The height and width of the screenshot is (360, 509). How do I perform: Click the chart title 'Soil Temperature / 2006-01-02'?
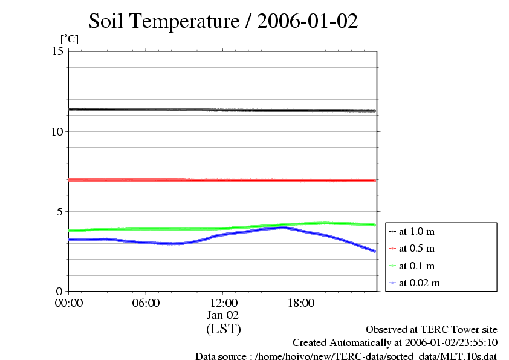tap(223, 22)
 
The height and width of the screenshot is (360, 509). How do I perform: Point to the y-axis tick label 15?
tap(58, 51)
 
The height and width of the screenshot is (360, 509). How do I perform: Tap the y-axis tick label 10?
tap(58, 131)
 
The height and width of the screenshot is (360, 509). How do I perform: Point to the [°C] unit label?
tap(69, 39)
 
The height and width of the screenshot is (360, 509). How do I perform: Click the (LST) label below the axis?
tap(223, 329)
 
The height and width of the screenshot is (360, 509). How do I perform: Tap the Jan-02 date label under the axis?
tap(223, 315)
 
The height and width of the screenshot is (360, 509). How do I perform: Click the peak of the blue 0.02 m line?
tap(283, 227)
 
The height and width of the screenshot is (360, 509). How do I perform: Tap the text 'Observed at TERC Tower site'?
tap(432, 330)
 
